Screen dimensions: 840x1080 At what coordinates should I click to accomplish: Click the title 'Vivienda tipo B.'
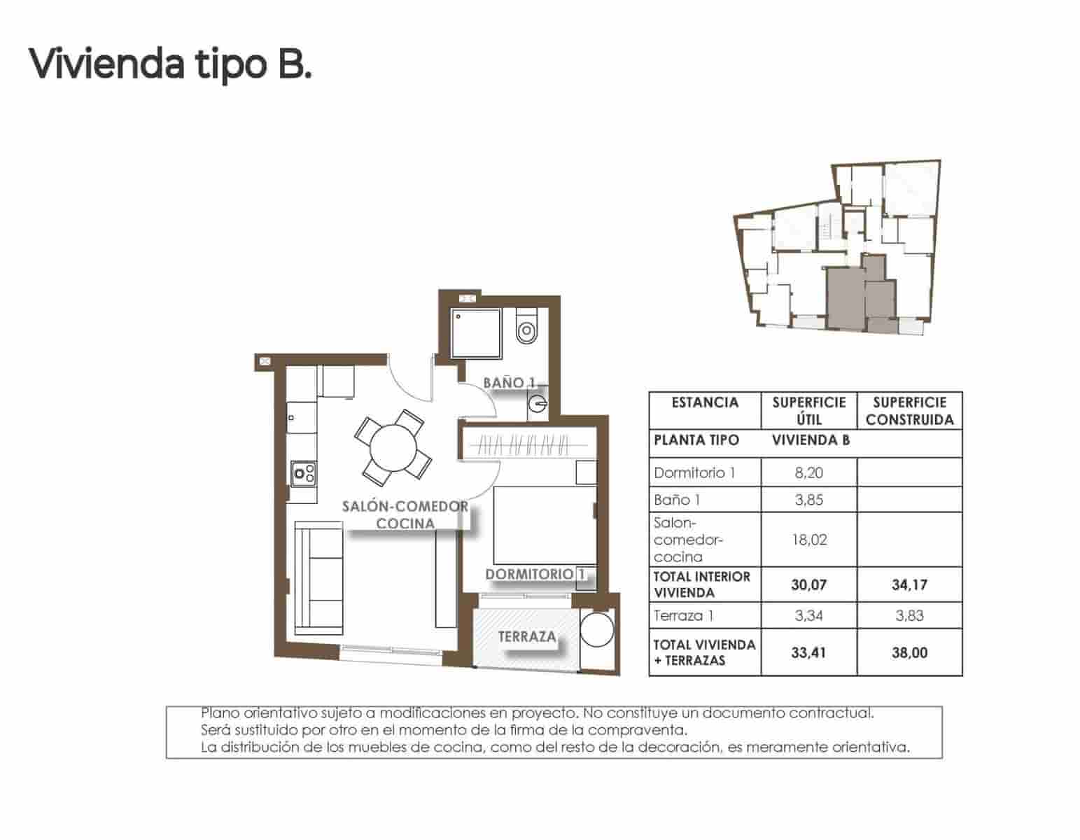tap(169, 64)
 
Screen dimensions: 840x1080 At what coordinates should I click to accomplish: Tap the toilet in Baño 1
tap(525, 327)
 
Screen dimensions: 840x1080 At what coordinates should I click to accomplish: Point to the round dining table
tap(393, 448)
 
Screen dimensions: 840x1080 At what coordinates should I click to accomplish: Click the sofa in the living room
tap(319, 577)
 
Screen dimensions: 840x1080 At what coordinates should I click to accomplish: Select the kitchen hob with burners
tap(303, 474)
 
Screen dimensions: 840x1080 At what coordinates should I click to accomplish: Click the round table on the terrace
tap(597, 630)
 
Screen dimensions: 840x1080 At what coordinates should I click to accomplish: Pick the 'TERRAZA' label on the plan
tap(526, 636)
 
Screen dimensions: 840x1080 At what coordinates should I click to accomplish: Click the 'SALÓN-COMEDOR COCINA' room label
tap(405, 514)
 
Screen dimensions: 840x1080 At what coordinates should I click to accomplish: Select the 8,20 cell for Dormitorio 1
tap(808, 472)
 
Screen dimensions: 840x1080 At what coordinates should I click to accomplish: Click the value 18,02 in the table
tap(808, 540)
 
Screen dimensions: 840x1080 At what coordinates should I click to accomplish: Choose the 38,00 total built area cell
tap(909, 652)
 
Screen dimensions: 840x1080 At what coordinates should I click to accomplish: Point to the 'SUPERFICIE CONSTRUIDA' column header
tap(909, 411)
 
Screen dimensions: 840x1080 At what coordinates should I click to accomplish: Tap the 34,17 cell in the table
tap(909, 584)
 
